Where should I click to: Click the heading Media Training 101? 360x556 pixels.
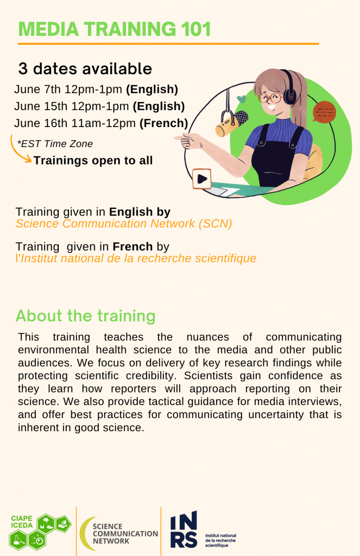(115, 29)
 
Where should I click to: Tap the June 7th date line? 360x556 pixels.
(96, 90)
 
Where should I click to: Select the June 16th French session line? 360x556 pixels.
(101, 123)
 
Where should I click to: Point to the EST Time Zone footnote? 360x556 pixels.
(55, 144)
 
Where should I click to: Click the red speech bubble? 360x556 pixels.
(324, 112)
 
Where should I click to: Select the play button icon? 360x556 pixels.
(202, 179)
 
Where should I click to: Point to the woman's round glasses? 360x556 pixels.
(270, 98)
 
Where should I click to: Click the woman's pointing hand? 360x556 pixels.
(190, 141)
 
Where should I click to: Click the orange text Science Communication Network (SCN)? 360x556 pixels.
(124, 224)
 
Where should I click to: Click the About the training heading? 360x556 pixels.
(85, 315)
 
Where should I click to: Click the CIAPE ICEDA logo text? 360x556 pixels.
(22, 522)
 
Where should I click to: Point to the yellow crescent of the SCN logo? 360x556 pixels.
(85, 533)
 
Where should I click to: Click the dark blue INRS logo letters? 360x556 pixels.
(184, 529)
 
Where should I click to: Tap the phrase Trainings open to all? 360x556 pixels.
(93, 161)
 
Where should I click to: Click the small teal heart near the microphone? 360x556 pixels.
(242, 99)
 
